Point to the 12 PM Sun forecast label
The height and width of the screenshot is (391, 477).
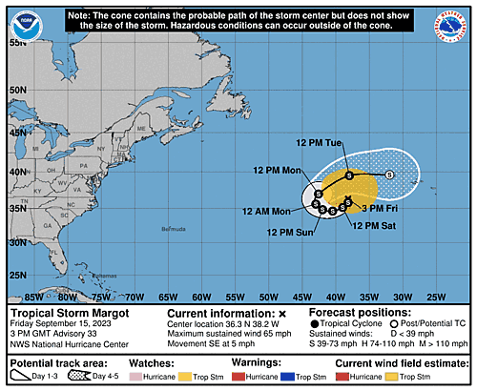coord(288,231)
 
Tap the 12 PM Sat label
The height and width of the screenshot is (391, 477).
coord(372,225)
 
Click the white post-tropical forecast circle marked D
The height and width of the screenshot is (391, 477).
coord(389,175)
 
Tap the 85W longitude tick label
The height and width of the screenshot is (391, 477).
coord(31,295)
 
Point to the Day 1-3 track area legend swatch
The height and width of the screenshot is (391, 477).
coord(27,377)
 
